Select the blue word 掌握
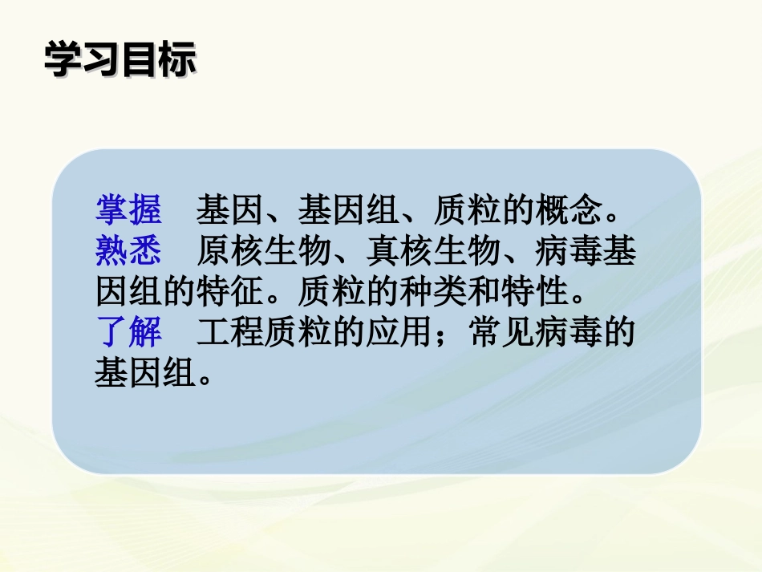(x=128, y=210)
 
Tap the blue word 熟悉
(x=128, y=251)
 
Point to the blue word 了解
(x=128, y=332)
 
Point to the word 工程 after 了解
(x=229, y=332)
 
